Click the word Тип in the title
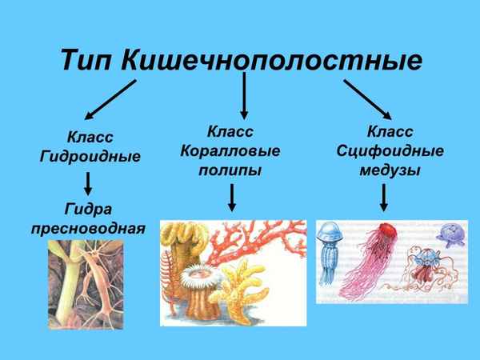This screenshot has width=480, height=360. pos(88,60)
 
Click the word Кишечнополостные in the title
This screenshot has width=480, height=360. pos(273,61)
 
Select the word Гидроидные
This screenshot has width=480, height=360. pos(90,156)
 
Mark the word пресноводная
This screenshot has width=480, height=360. pos(88,229)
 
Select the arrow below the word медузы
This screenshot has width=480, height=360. pos(385,196)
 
